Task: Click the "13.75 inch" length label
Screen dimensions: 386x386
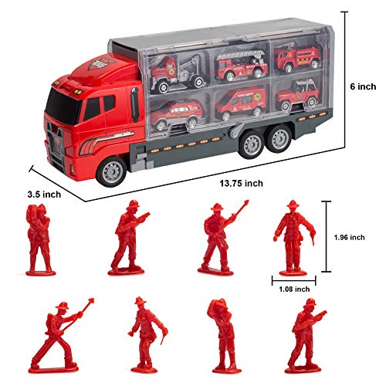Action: pyautogui.click(x=241, y=183)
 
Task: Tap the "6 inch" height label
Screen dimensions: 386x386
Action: pyautogui.click(x=363, y=86)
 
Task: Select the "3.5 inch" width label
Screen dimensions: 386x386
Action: pyautogui.click(x=44, y=195)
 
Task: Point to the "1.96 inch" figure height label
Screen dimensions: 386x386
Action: pyautogui.click(x=349, y=237)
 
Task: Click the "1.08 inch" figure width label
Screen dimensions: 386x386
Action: pyautogui.click(x=294, y=289)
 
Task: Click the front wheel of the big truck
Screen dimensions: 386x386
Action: pyautogui.click(x=111, y=171)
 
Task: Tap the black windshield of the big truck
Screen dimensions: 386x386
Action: pyautogui.click(x=62, y=106)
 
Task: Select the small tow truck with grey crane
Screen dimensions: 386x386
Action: pyautogui.click(x=178, y=73)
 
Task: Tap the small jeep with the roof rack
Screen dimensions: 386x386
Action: pyautogui.click(x=298, y=96)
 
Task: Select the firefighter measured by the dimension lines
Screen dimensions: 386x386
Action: pyautogui.click(x=294, y=237)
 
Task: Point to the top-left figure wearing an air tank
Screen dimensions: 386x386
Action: pyautogui.click(x=39, y=239)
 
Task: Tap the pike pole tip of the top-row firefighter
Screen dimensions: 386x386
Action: pyautogui.click(x=246, y=202)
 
